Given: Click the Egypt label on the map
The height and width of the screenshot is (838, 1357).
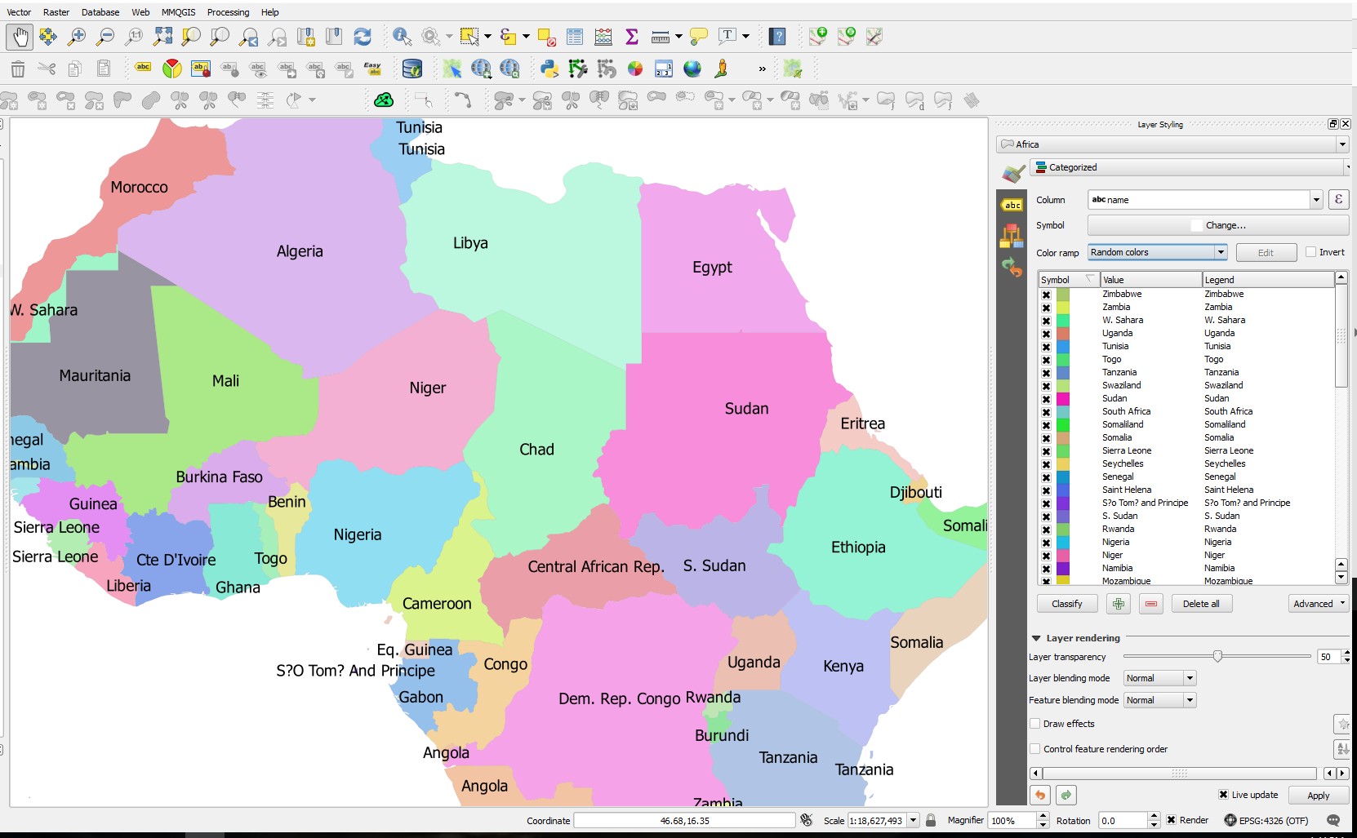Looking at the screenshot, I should click(712, 268).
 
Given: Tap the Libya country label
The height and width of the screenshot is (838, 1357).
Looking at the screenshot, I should click(470, 243).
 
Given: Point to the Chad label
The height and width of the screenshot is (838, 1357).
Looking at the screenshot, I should click(536, 450).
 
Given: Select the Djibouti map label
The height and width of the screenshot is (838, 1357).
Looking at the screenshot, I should click(915, 493).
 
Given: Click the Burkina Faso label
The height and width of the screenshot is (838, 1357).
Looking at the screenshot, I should click(219, 477).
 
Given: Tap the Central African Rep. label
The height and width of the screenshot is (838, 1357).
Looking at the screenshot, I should click(595, 567).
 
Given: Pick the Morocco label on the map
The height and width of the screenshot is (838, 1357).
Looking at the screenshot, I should click(139, 188).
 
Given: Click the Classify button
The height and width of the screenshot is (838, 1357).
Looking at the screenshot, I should click(1066, 604).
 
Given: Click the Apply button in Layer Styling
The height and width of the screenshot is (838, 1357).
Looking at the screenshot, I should click(1317, 796).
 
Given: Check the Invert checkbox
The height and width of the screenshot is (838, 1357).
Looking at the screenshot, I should click(1310, 252).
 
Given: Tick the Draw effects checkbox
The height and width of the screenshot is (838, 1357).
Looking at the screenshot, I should click(1035, 724).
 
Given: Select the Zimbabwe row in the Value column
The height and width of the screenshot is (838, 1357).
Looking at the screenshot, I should click(1122, 294).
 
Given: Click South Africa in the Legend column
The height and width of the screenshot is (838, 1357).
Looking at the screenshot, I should click(1228, 411).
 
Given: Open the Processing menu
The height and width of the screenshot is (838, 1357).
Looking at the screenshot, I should click(228, 12).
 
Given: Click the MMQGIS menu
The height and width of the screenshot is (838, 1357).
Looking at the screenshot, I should click(178, 12).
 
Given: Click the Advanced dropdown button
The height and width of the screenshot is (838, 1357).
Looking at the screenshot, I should click(1318, 604).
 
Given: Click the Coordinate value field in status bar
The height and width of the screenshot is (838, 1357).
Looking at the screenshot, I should click(684, 821).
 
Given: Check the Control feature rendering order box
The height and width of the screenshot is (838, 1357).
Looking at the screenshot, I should click(1035, 749).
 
